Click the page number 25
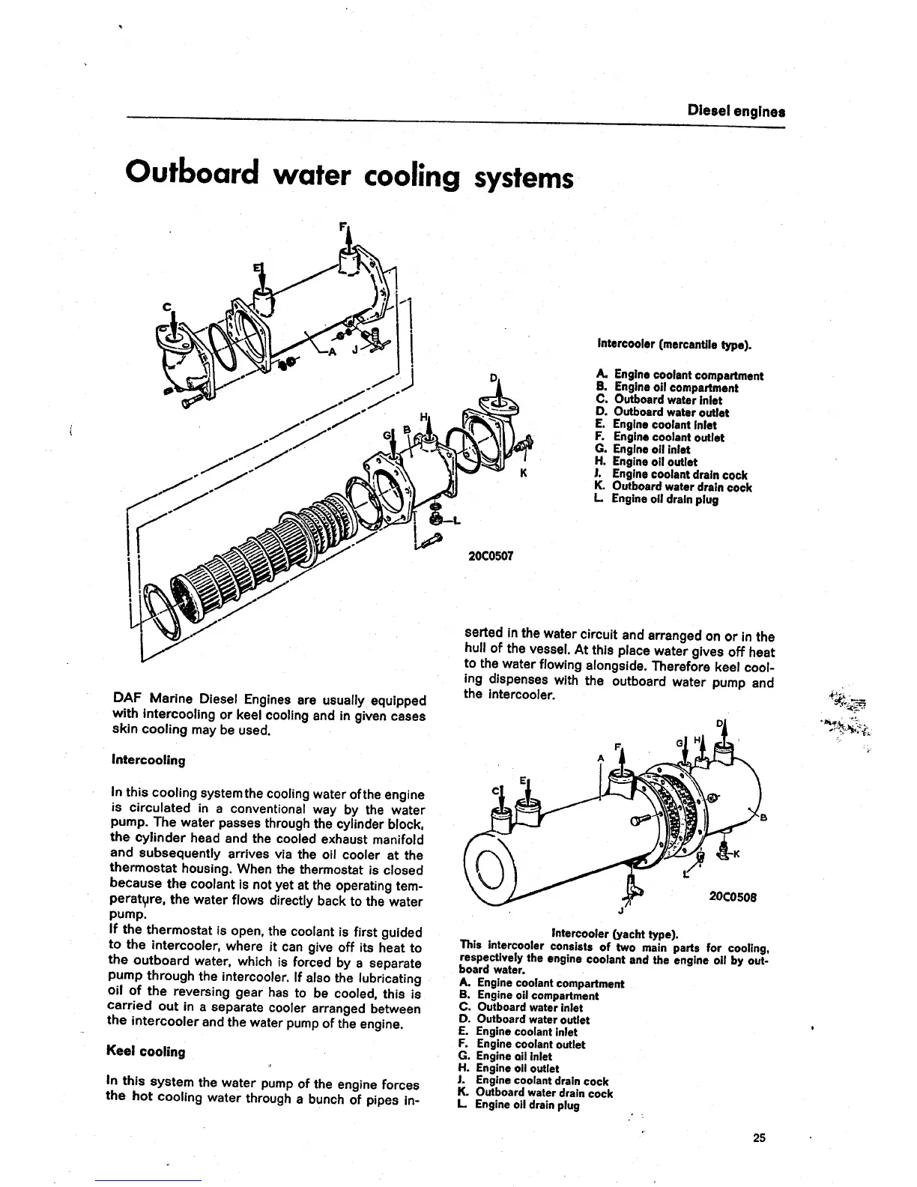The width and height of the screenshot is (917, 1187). (759, 1138)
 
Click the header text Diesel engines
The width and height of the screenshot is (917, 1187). (736, 112)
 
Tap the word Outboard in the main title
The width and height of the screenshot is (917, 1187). (192, 174)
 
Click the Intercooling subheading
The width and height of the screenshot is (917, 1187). (148, 760)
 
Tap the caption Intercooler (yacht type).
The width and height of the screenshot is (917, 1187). (614, 934)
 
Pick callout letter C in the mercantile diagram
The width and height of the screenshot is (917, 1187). (167, 306)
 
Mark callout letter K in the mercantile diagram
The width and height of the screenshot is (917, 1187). (524, 474)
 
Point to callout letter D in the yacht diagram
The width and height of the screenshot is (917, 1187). (720, 724)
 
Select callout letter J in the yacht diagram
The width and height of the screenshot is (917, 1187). (621, 911)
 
